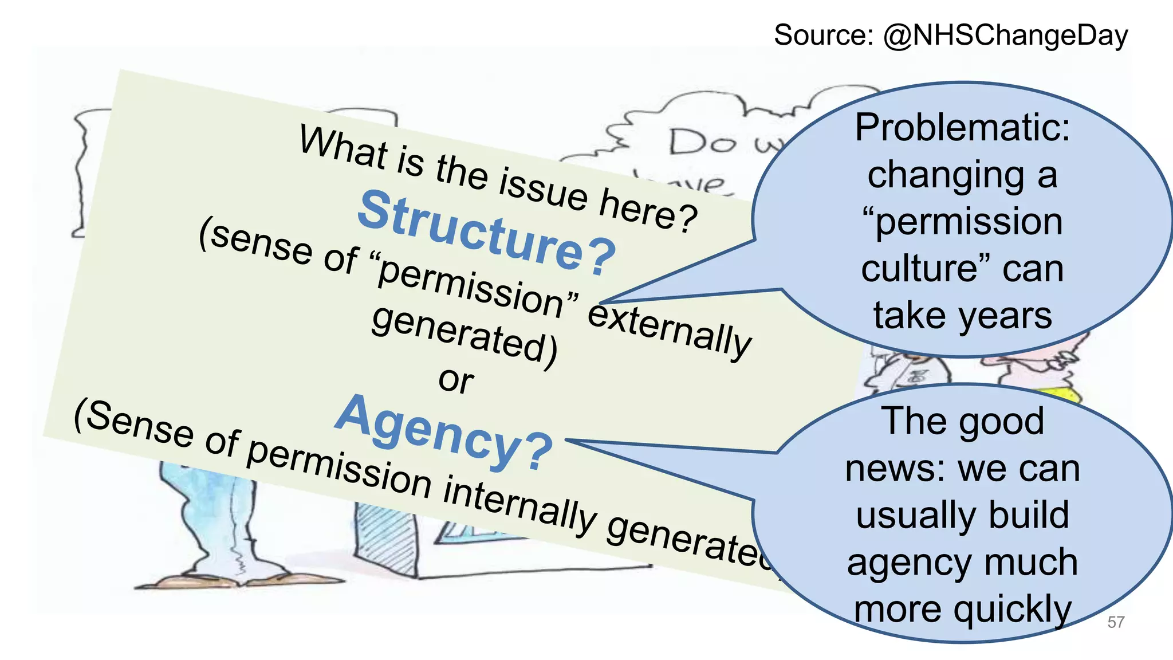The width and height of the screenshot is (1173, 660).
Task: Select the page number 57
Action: (x=1116, y=622)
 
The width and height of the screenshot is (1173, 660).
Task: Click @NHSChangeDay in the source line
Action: (x=1005, y=36)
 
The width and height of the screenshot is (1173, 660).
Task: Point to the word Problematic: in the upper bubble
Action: (x=962, y=127)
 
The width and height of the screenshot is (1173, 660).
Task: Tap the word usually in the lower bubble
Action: (x=905, y=516)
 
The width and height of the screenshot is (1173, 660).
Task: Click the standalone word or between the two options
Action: (x=456, y=380)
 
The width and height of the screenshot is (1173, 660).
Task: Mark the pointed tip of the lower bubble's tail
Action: (x=566, y=440)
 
